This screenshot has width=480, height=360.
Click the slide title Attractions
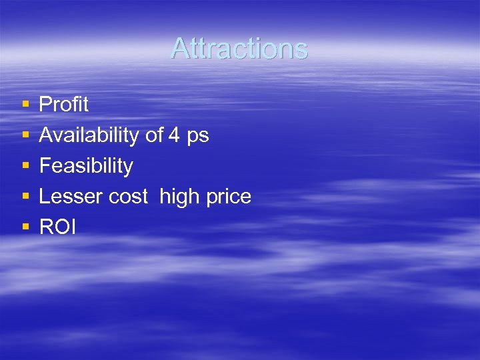point(239,49)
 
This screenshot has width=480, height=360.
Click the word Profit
point(64,104)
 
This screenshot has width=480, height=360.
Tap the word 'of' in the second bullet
point(154,135)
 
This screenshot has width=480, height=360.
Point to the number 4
point(174,135)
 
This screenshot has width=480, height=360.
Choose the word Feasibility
point(86,166)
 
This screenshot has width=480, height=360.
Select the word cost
point(129,197)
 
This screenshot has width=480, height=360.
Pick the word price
point(229,197)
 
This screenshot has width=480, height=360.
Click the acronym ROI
point(57,227)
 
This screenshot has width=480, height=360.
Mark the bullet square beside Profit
point(25,105)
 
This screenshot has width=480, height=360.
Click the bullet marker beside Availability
point(25,135)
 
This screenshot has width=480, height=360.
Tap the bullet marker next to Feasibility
point(25,166)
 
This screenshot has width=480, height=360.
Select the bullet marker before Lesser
point(25,197)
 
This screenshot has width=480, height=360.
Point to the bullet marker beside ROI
point(25,227)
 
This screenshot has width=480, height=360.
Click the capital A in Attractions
point(180,49)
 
